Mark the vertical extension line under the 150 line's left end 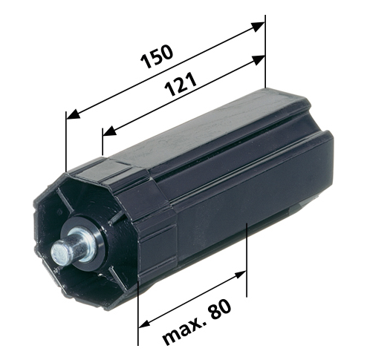click(x=66, y=145)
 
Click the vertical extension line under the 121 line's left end click(x=102, y=145)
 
